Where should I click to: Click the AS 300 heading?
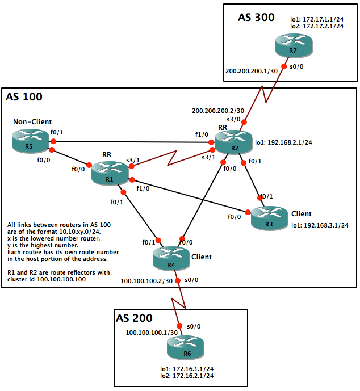(256, 18)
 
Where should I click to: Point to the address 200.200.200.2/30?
(218, 111)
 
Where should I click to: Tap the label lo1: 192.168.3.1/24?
(319, 225)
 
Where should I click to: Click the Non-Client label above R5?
(34, 121)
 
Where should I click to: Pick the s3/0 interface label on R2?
(234, 119)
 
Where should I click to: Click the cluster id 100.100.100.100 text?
(62, 279)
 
